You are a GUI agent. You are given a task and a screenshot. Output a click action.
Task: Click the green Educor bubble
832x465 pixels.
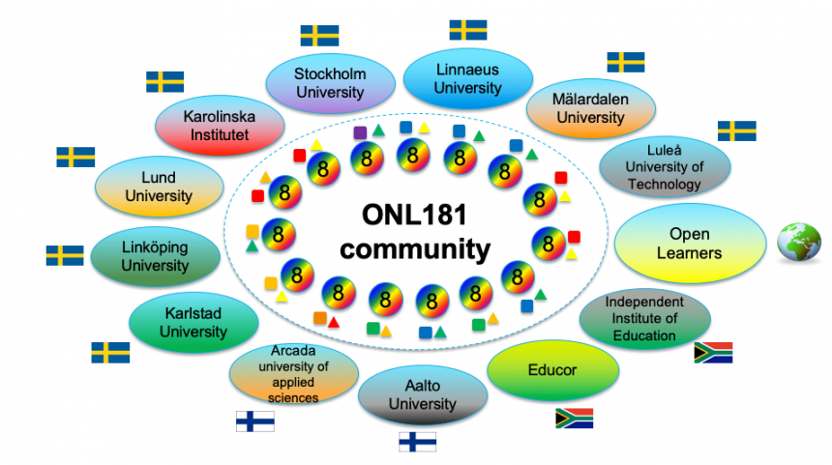[551, 369]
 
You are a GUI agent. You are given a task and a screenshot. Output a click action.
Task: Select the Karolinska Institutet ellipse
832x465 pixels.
[219, 126]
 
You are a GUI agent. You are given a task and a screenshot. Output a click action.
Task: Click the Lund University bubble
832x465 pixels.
[159, 187]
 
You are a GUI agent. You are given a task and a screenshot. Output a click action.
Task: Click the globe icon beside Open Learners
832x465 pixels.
[799, 242]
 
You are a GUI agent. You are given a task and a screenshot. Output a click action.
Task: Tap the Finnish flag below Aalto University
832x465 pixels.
[418, 442]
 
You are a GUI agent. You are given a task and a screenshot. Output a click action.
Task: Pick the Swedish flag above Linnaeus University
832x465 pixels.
[468, 29]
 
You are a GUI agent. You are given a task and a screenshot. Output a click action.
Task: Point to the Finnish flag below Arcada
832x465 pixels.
[255, 421]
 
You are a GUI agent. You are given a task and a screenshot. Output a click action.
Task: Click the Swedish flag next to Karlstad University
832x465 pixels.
[110, 353]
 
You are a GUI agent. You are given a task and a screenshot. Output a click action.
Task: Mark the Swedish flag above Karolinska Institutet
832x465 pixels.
[164, 82]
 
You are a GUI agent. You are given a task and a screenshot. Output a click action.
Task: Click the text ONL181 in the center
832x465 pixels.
[415, 214]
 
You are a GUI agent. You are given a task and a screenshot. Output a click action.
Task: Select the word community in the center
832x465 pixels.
[415, 248]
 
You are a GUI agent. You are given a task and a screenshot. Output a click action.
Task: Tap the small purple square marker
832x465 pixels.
[360, 131]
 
